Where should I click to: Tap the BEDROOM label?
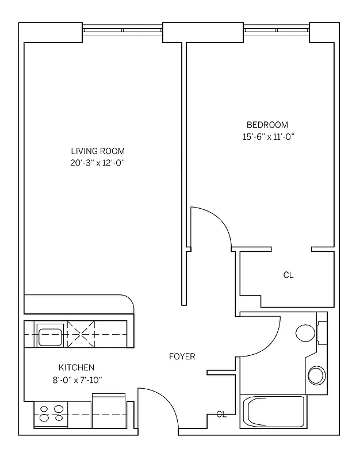point(267,125)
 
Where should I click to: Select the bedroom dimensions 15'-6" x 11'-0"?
point(269,137)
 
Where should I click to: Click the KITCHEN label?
point(76,367)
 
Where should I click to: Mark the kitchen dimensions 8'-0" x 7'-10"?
point(76,379)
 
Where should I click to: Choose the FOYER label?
point(182,356)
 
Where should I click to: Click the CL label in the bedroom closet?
point(288,275)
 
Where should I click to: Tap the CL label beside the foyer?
point(221,414)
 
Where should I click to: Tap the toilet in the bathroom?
point(305,333)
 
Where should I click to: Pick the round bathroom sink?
point(316,375)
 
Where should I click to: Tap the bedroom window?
point(276,30)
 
